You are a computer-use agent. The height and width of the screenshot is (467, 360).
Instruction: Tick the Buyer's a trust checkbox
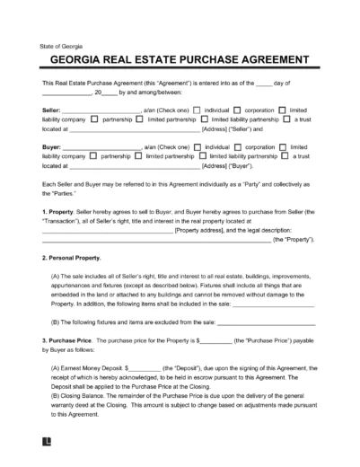(285, 155)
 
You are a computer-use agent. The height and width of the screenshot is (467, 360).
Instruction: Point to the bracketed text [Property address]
(204, 231)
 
